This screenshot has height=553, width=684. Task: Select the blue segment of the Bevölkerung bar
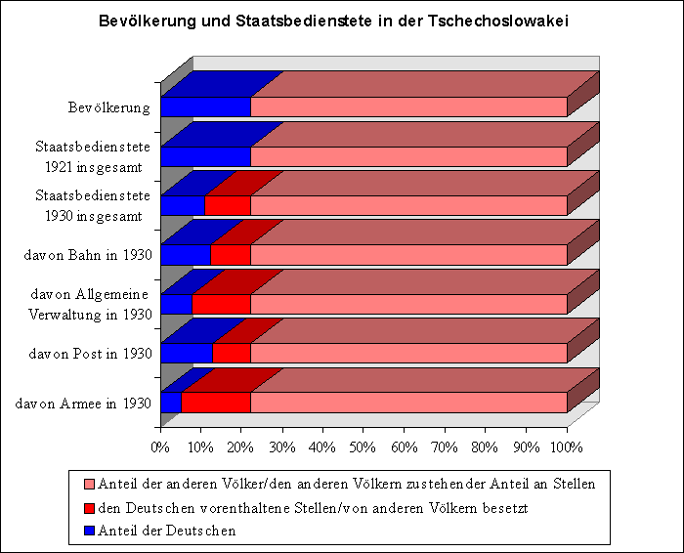click(x=205, y=107)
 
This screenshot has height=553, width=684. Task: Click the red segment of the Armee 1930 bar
click(x=216, y=402)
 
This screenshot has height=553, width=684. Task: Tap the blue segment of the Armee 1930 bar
click(x=171, y=402)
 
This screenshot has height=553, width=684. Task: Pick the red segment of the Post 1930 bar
click(x=232, y=353)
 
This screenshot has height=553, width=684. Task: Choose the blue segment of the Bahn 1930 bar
click(x=186, y=255)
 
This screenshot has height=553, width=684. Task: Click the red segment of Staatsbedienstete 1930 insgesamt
click(x=228, y=205)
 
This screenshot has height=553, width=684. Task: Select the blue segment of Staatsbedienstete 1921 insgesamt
click(x=205, y=156)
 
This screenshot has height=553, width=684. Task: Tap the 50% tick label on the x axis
click(x=363, y=447)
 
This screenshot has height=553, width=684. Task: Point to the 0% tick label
click(x=160, y=447)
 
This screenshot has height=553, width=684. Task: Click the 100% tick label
click(x=567, y=447)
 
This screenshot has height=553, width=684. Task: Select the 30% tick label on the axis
click(x=282, y=447)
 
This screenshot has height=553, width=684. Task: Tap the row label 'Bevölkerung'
click(x=109, y=107)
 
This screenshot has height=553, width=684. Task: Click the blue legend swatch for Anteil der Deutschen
click(x=90, y=531)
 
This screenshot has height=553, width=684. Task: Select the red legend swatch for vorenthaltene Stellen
click(x=90, y=507)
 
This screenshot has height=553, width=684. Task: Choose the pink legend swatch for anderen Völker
click(x=90, y=484)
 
